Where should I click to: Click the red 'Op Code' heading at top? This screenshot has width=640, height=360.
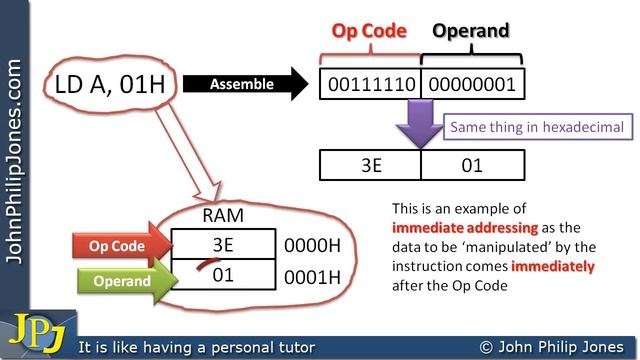tap(369, 30)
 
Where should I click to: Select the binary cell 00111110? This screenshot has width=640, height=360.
tap(370, 84)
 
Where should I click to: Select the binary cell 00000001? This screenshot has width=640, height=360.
tap(472, 84)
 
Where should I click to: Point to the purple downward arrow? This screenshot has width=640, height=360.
tap(422, 128)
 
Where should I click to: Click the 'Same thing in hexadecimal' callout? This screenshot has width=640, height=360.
tap(536, 127)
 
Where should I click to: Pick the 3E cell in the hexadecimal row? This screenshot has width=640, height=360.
tap(370, 164)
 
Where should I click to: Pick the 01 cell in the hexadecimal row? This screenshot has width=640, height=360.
tap(472, 164)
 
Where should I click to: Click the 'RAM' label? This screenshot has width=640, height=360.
tap(222, 213)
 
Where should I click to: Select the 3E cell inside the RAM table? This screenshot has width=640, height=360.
tap(222, 244)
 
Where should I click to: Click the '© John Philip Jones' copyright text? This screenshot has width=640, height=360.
tap(552, 347)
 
